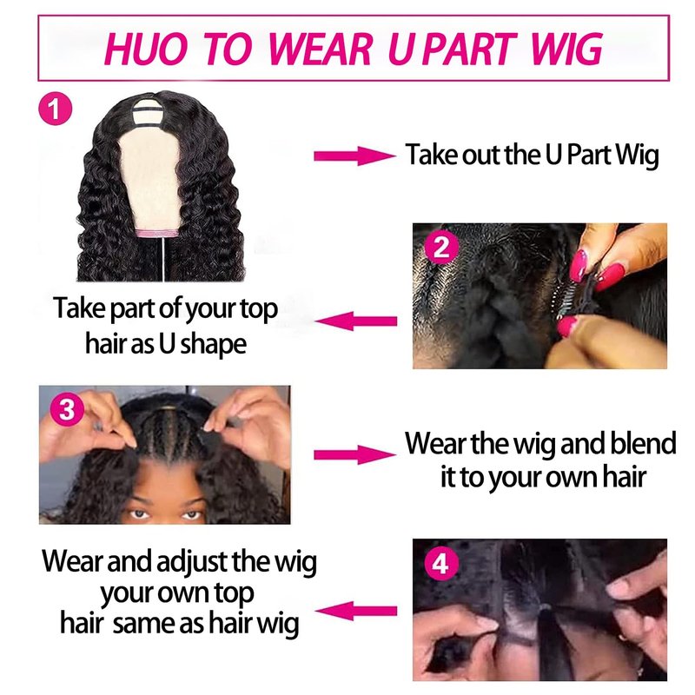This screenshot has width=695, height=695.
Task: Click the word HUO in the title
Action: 146,49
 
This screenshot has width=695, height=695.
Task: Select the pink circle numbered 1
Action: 55,109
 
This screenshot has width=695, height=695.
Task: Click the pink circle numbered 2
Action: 441,248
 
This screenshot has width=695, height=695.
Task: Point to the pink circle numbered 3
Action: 67,409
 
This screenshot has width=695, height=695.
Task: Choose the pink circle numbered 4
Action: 441,564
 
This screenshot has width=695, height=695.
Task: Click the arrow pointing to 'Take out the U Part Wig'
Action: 354,156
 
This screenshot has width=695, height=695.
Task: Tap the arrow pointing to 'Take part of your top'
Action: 356,321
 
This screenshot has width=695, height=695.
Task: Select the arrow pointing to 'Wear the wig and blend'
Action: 354,454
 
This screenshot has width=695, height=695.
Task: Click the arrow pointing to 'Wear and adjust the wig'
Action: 356,612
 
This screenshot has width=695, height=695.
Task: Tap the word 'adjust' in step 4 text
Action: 192,562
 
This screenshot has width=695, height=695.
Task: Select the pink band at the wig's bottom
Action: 157,234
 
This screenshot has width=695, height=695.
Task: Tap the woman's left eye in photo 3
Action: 192,515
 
